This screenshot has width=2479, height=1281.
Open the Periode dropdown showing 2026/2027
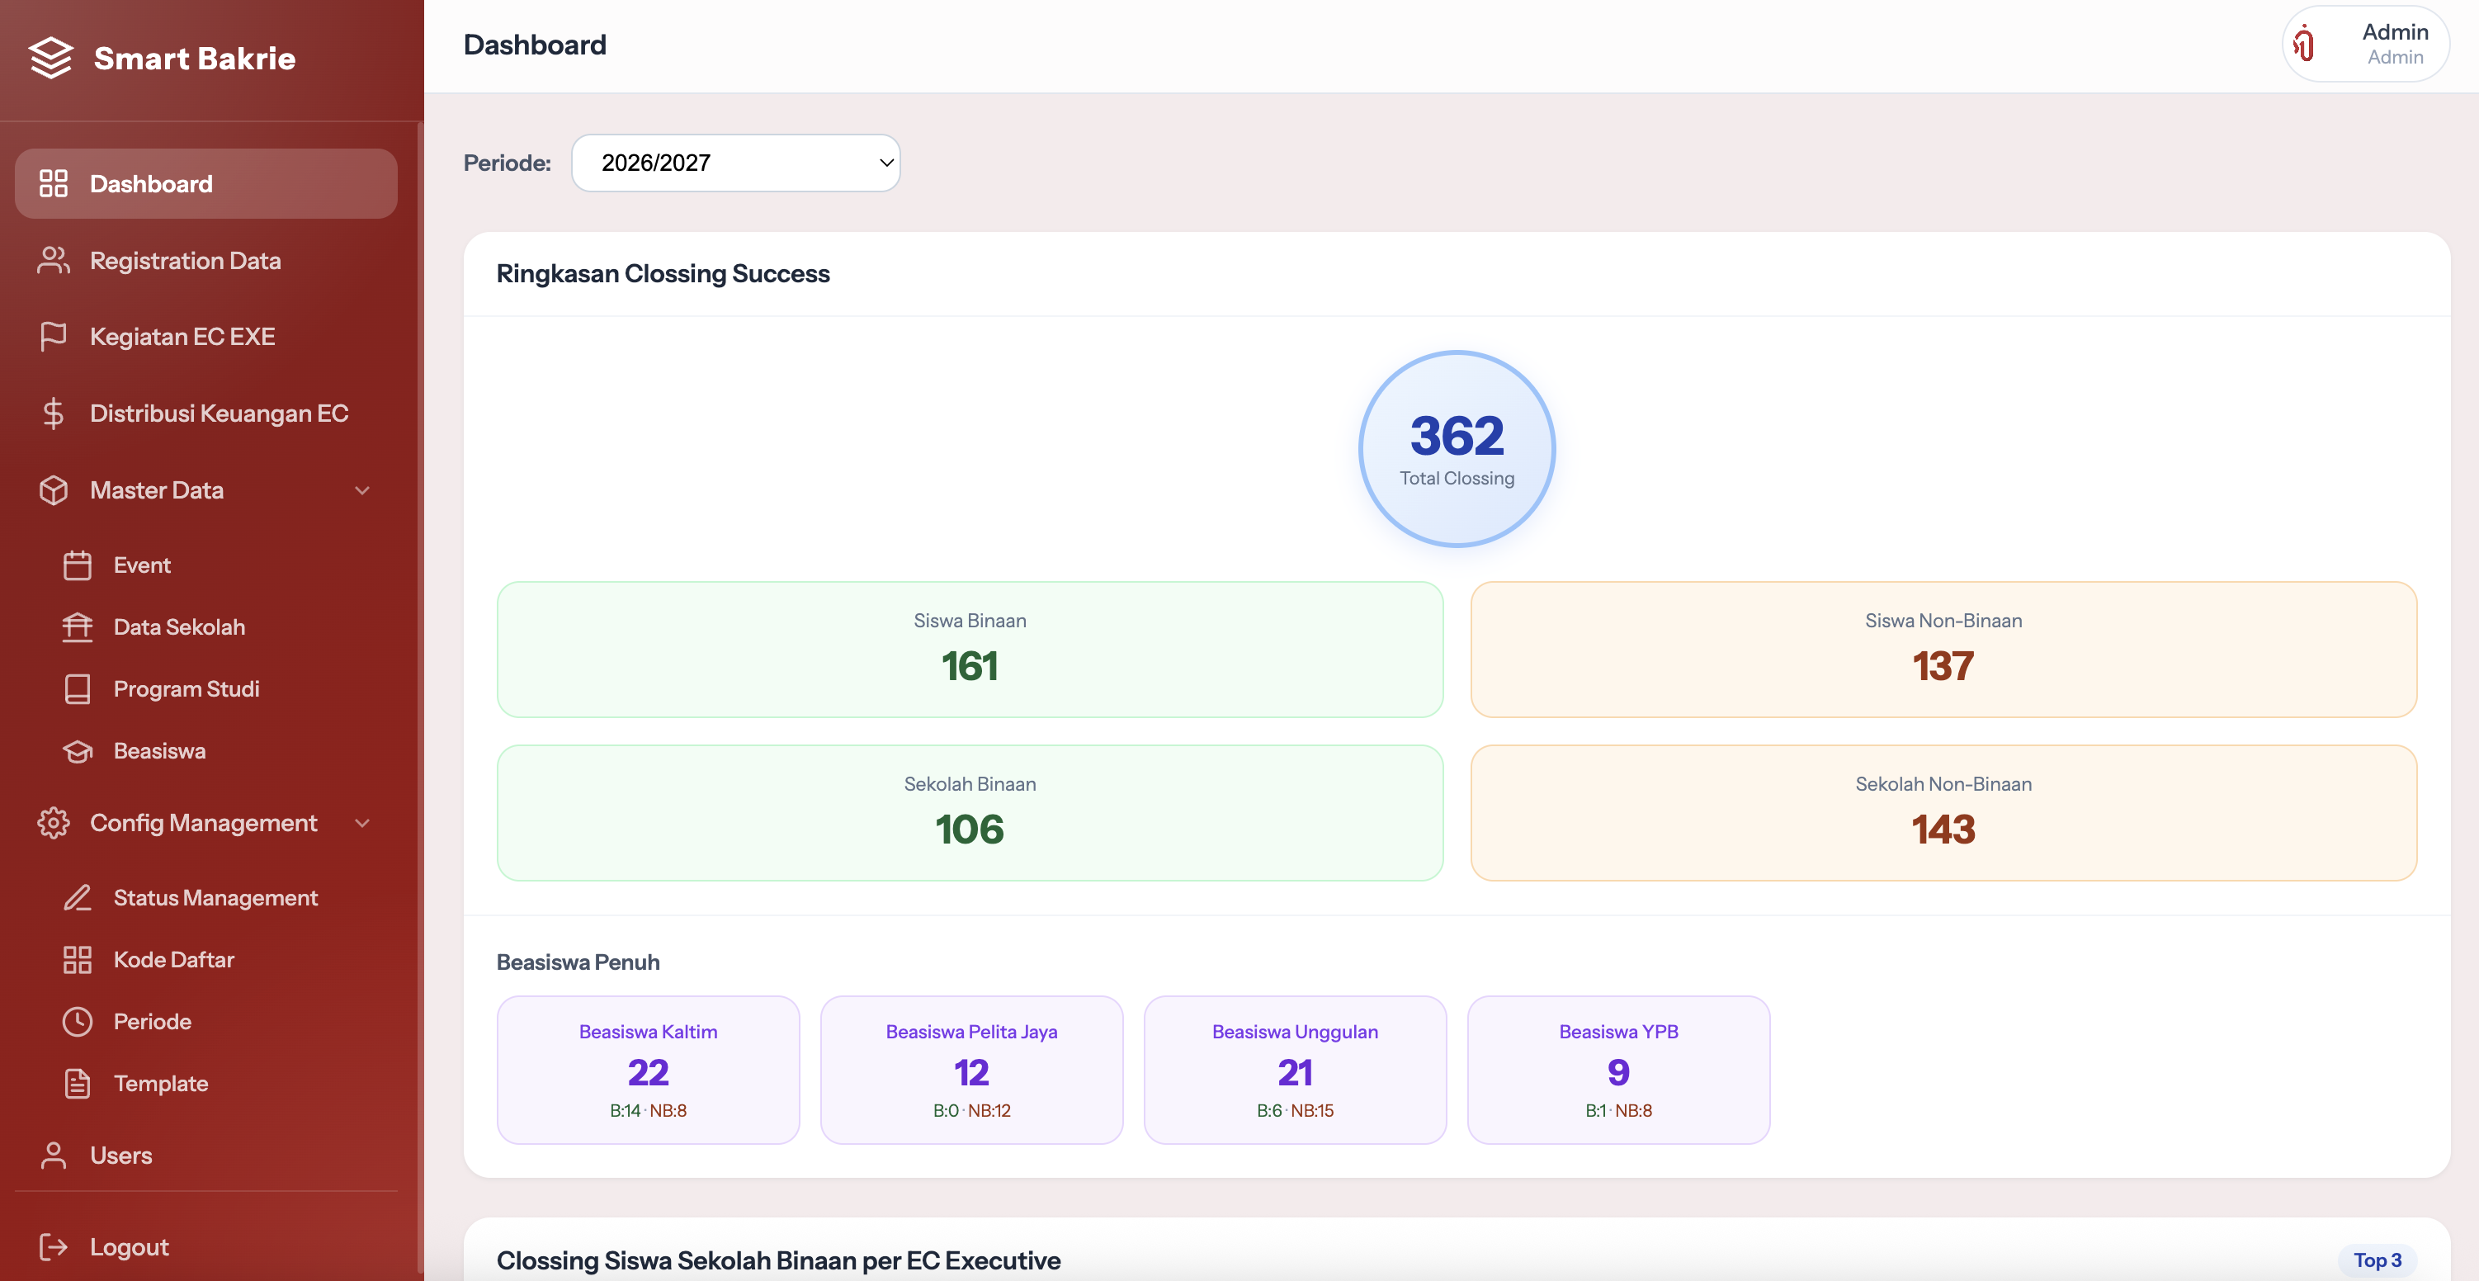pos(735,163)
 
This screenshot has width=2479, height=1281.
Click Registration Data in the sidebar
pos(185,261)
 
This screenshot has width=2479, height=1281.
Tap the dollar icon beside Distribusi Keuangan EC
pos(54,414)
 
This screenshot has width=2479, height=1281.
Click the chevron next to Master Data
pos(361,491)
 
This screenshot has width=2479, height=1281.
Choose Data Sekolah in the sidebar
pos(179,627)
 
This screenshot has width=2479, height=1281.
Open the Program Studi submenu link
pos(187,689)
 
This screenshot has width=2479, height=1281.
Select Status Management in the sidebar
pos(215,898)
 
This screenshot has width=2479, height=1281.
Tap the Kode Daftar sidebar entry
pos(174,960)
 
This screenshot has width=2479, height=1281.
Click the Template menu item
pos(161,1084)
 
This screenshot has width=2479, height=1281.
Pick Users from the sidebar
pos(121,1156)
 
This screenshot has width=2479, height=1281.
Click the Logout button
pos(129,1247)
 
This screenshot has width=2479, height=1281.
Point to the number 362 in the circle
pos(1457,436)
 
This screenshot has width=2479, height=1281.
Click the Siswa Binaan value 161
pos(970,666)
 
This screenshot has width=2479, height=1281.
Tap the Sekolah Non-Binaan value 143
pos(1943,830)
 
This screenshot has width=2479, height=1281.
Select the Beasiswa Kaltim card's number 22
pos(649,1073)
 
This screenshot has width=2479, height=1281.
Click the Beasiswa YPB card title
pos(1618,1032)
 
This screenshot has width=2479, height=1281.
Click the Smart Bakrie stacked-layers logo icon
pos(51,58)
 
